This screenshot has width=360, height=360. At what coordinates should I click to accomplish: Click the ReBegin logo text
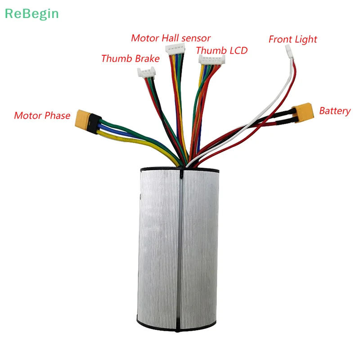pyautogui.click(x=31, y=13)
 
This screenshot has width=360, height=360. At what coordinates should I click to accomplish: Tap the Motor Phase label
pyautogui.click(x=42, y=116)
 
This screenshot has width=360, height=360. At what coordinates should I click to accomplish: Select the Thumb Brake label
pyautogui.click(x=130, y=58)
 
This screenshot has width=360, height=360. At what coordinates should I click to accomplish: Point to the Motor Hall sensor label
pyautogui.click(x=171, y=38)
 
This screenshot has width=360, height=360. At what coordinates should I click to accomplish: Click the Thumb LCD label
pyautogui.click(x=221, y=50)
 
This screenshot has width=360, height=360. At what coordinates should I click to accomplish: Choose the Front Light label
pyautogui.click(x=292, y=39)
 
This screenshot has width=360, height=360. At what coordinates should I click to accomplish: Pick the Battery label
pyautogui.click(x=334, y=111)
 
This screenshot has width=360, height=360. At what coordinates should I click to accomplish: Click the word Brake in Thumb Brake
pyautogui.click(x=147, y=58)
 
